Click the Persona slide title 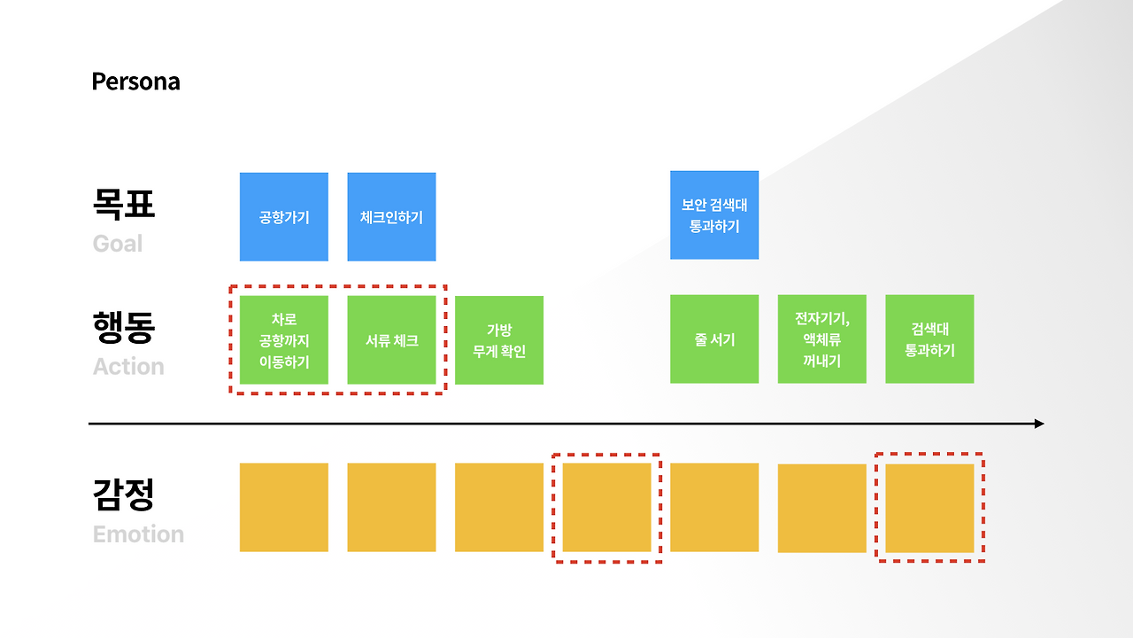(x=135, y=82)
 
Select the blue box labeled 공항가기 (x=284, y=217)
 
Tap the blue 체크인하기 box (x=391, y=217)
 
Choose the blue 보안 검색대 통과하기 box (x=714, y=215)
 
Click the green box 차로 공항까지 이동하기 (x=284, y=340)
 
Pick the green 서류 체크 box (x=391, y=340)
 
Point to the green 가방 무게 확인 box (x=499, y=340)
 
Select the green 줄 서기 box (x=714, y=339)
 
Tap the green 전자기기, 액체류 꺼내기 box (x=822, y=339)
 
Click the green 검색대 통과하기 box (x=929, y=339)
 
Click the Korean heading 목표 (x=124, y=204)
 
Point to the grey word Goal (x=118, y=244)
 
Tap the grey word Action (x=128, y=367)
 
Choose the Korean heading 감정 (x=124, y=494)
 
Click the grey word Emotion (x=138, y=534)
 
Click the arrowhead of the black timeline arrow (x=1039, y=424)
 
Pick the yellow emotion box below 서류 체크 (x=391, y=508)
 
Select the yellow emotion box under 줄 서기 (x=714, y=508)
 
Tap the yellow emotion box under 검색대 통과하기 (x=929, y=508)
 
